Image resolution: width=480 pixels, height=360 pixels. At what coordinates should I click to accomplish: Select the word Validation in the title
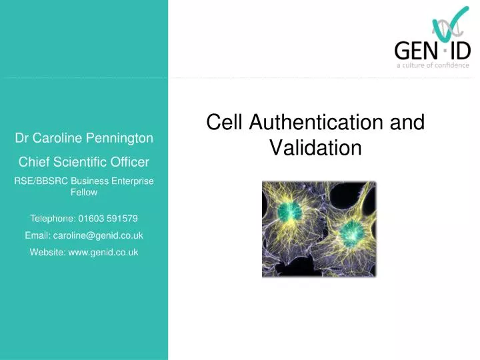(x=315, y=147)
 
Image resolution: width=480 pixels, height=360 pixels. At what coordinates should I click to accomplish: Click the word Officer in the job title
(x=130, y=161)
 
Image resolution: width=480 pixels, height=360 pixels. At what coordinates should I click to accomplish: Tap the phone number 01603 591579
(x=108, y=218)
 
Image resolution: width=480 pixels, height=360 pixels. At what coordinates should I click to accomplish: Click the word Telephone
(x=53, y=218)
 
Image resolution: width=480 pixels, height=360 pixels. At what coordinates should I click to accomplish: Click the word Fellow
(x=84, y=192)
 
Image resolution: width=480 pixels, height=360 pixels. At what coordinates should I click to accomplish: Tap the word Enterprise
(x=133, y=181)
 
